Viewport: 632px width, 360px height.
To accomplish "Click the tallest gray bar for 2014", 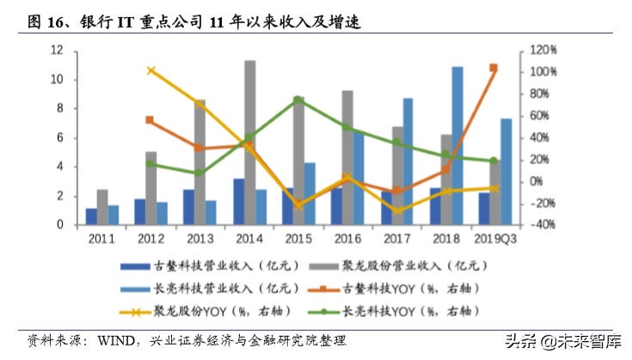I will point(249,142).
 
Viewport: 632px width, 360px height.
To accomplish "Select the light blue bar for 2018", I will point(457,145).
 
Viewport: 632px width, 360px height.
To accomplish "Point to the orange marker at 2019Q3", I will point(494,68).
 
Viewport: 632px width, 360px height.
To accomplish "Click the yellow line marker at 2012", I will point(151,70).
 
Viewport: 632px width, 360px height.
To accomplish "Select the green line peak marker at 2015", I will point(298,100).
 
